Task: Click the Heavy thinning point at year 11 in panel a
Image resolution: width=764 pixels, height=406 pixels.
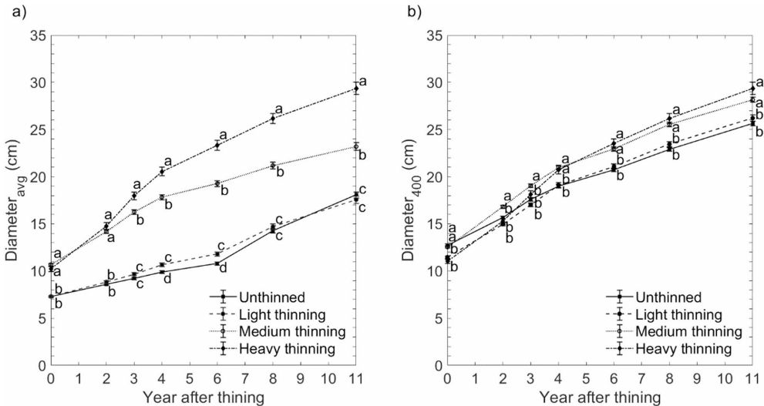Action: (x=356, y=89)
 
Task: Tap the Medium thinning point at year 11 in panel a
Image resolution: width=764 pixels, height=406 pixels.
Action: (x=356, y=146)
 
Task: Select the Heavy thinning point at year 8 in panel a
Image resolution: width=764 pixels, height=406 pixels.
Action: (x=273, y=119)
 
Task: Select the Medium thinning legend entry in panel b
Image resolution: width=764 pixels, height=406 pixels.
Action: (x=688, y=331)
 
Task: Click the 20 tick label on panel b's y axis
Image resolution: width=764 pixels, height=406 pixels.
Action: (x=433, y=176)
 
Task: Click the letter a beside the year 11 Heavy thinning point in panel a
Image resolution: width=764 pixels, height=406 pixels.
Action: (x=363, y=82)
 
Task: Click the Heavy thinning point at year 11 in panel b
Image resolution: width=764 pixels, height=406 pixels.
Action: (x=752, y=89)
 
